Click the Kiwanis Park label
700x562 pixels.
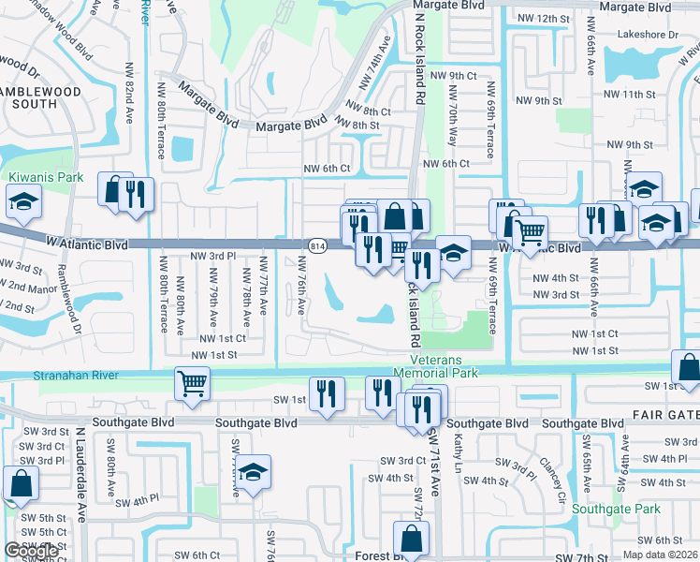tap(45, 177)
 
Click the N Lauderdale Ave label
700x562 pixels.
tap(81, 487)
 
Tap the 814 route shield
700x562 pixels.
tap(316, 245)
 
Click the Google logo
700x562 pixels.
tap(32, 551)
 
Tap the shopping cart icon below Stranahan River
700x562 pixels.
tap(192, 382)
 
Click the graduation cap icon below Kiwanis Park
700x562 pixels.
tap(22, 200)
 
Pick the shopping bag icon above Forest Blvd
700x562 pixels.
tap(411, 539)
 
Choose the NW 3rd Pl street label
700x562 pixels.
tap(212, 256)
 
